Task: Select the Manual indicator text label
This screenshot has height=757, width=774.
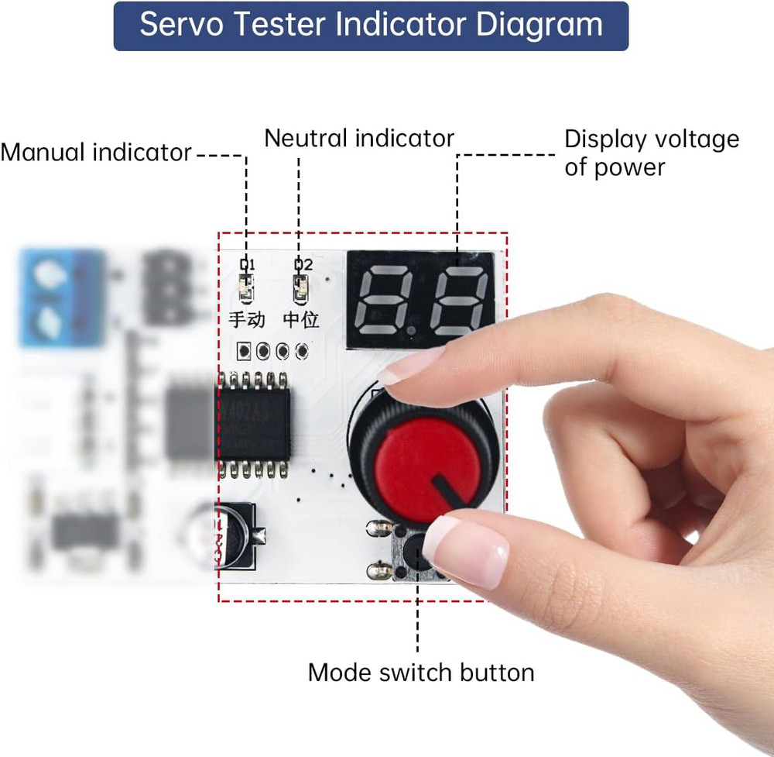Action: [x=95, y=153]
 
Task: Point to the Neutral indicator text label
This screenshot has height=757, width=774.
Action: [x=358, y=139]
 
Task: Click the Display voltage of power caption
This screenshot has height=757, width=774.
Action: [x=651, y=153]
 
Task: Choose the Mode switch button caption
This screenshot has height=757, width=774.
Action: [x=420, y=672]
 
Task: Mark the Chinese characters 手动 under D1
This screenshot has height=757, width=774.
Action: [x=247, y=319]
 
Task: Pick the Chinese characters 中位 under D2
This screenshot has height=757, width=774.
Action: [x=300, y=319]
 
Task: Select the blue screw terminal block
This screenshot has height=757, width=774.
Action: [x=60, y=297]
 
